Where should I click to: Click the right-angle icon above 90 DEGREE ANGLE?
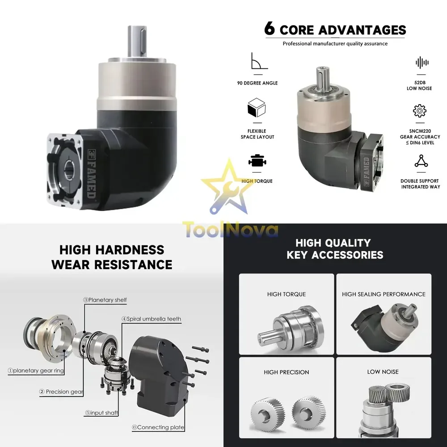coord(259,61)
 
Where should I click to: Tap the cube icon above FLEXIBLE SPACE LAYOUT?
coord(257,107)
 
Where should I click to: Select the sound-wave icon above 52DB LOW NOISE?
coord(422,63)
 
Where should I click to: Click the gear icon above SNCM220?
coord(420,110)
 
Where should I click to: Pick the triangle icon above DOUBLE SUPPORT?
coord(421,161)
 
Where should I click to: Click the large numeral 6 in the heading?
coord(270,29)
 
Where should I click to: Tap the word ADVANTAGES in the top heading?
coord(362,30)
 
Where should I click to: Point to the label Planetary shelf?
coord(105,300)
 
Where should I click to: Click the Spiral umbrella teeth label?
coord(152,319)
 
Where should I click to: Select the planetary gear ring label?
coord(36,371)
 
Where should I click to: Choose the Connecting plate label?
coord(158,427)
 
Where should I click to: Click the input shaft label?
coord(101,413)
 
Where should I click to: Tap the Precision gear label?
coord(61,392)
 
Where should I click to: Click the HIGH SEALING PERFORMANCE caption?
coord(384,294)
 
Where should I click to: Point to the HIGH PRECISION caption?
coord(287,372)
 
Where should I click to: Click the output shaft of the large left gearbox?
coord(137,41)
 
